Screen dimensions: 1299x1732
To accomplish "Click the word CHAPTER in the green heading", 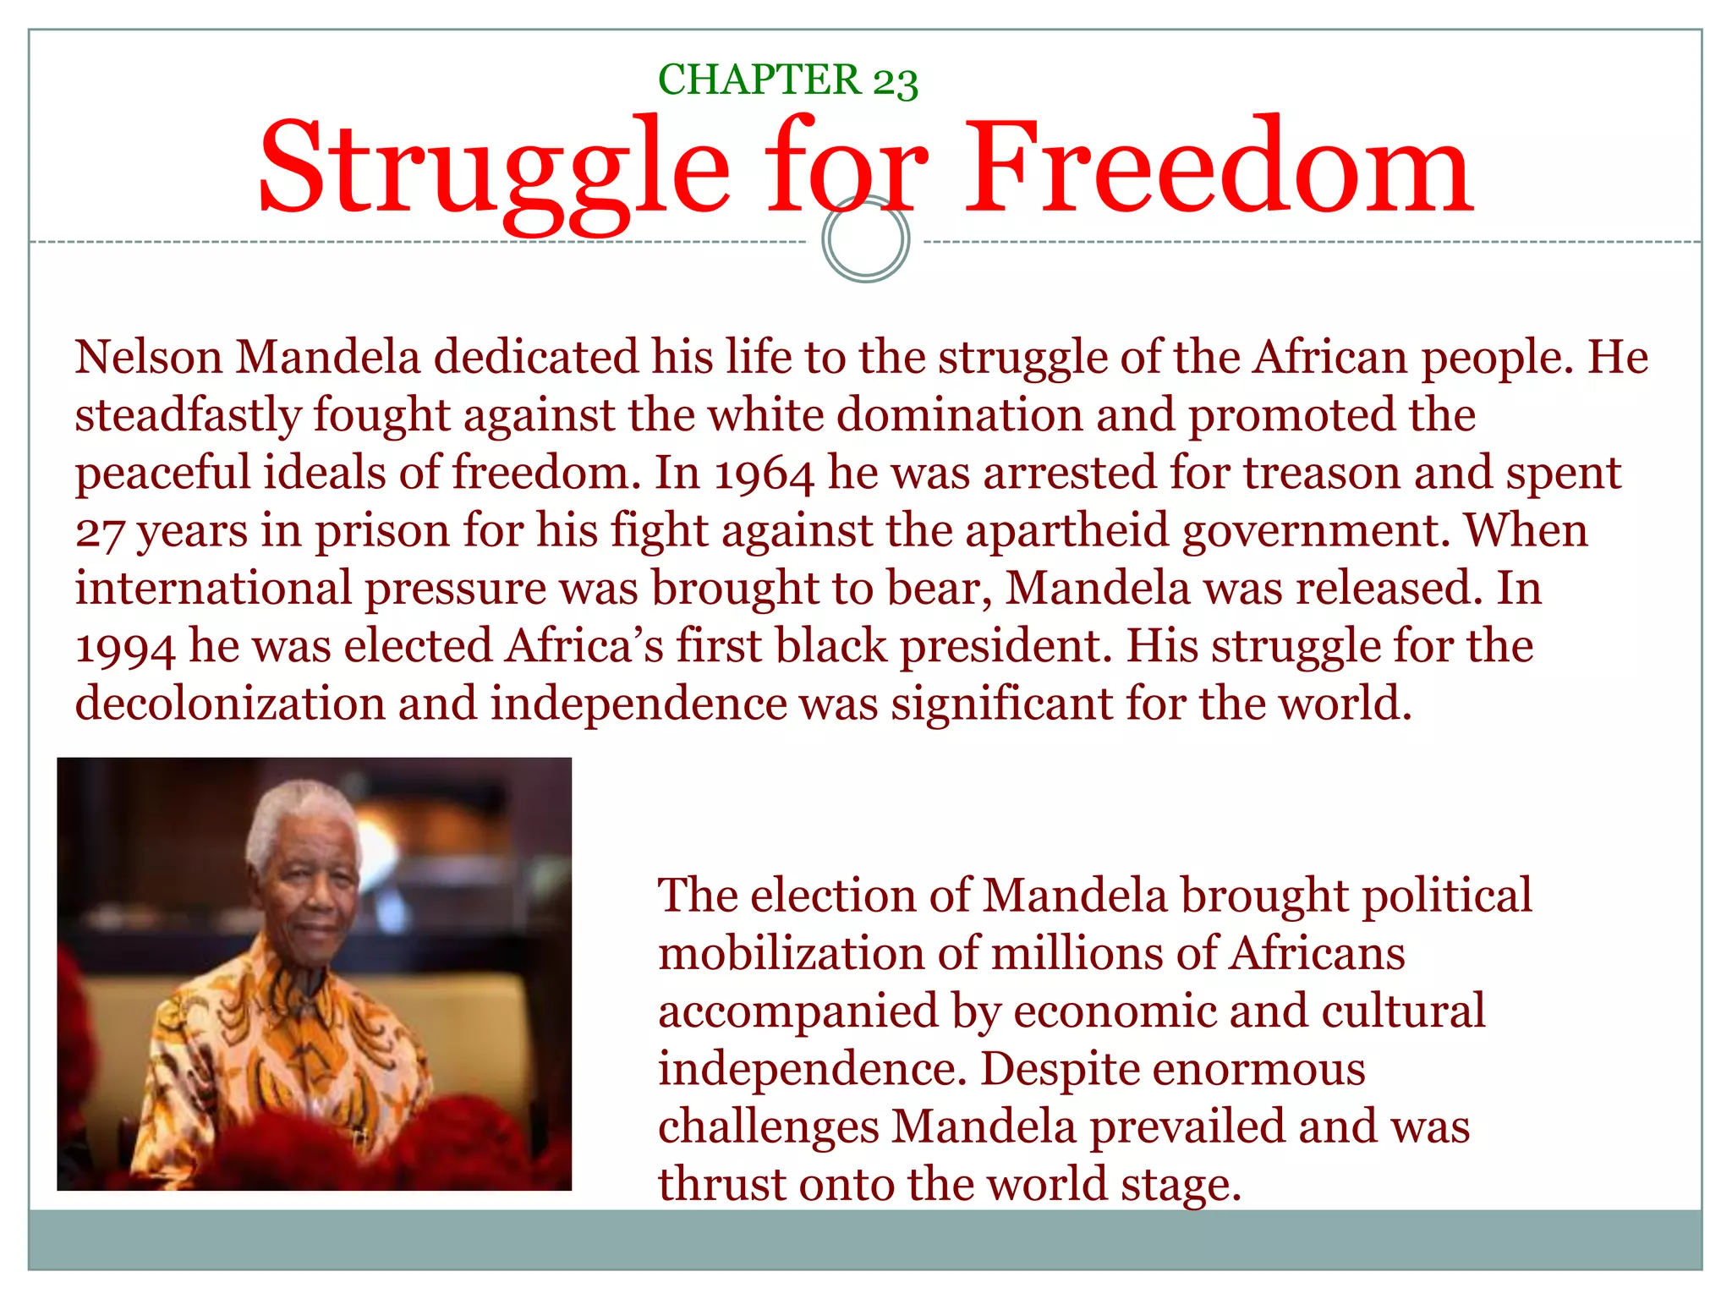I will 759,80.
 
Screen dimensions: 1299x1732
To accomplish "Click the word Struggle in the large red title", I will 494,169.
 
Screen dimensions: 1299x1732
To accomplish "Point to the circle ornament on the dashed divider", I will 865,239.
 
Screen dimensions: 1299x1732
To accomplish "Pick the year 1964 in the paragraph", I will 764,474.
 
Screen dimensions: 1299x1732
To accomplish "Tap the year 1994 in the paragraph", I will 125,648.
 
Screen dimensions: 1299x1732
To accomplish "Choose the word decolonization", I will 230,704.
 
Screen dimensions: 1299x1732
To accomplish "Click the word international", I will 213,589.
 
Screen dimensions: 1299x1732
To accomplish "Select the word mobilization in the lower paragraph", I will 792,954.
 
